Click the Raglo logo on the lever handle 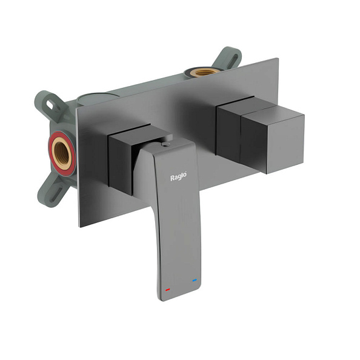178,176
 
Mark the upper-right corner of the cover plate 278,59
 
